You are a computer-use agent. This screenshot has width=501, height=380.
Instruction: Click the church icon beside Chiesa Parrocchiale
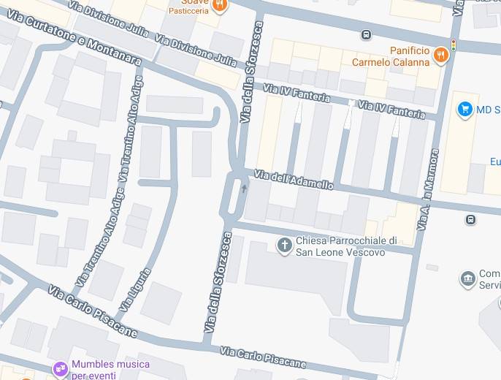tap(284, 246)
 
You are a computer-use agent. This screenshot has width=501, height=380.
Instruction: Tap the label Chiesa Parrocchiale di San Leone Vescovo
tap(345, 246)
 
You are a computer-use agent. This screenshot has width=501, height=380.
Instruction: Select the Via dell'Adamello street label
tap(294, 179)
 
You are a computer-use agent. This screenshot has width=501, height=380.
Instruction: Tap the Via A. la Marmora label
tap(428, 190)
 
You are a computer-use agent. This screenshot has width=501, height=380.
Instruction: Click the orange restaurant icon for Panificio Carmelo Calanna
tap(440, 54)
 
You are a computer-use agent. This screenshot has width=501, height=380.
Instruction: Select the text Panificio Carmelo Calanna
tap(390, 56)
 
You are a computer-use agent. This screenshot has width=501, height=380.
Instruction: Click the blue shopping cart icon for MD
tap(464, 110)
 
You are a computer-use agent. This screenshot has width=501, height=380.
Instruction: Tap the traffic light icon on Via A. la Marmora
tap(454, 45)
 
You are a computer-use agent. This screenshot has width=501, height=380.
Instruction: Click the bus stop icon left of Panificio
tap(366, 34)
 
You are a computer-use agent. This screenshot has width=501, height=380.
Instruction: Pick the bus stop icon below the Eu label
tap(471, 218)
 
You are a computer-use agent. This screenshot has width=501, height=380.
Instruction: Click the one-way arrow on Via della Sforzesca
tap(244, 188)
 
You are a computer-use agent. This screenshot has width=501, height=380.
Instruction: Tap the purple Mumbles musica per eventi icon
tap(60, 368)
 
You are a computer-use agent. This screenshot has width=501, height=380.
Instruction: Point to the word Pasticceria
tap(188, 11)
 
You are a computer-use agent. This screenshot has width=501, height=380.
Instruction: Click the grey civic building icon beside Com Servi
tap(467, 278)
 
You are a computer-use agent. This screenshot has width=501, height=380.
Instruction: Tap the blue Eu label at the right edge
tap(494, 161)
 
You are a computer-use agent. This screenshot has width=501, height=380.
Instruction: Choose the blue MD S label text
tap(487, 110)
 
